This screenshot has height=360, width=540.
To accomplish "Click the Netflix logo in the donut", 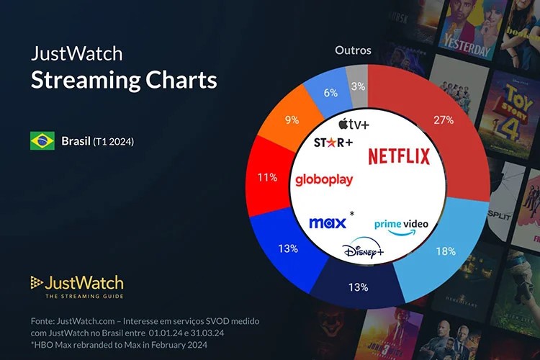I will pos(399,156).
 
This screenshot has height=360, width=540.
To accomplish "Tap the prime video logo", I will pos(401,224).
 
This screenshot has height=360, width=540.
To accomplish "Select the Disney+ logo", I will pos(363,251).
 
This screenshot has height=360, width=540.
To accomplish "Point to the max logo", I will pos(328,222).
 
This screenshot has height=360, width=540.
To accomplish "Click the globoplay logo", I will pos(324,179).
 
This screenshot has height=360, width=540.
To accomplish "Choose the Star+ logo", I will pos(333,143).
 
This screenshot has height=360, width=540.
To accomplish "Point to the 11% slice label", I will pos(267,177).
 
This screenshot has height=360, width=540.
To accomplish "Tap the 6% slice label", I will pos(330,93).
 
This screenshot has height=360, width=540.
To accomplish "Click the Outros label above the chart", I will pos(353,50).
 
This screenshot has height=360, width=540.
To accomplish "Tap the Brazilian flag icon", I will pos(42,141).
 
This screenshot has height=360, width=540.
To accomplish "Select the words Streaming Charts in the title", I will pos(124,80).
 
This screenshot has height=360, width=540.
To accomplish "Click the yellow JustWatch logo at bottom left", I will pos(77,285).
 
